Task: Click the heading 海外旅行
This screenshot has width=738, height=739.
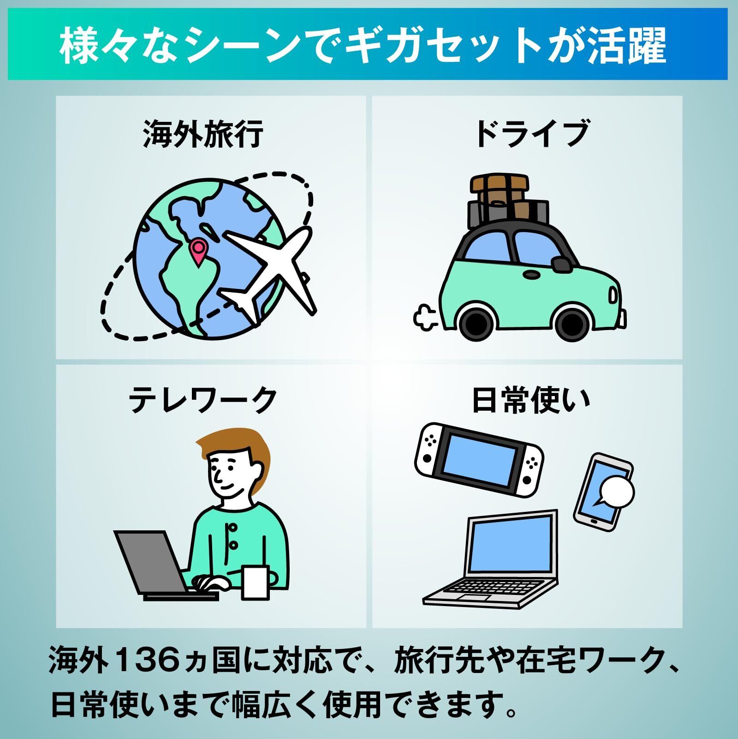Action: pos(203,133)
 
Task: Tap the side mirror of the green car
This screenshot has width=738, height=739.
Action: pos(561,264)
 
